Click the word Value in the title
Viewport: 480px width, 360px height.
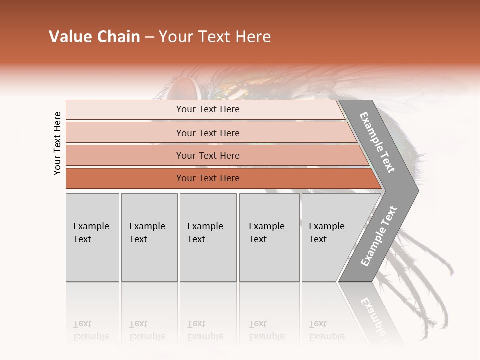(x=70, y=37)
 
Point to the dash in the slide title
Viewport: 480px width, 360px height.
(x=149, y=37)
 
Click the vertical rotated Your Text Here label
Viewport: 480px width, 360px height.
(x=57, y=143)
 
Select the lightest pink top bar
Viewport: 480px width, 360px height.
(x=205, y=109)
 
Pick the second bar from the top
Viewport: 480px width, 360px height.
(x=208, y=133)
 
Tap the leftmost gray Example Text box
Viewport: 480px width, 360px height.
(x=92, y=237)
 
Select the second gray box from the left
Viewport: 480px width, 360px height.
(x=149, y=237)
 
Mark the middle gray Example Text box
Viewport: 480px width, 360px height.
(x=208, y=237)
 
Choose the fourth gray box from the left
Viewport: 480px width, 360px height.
(x=269, y=237)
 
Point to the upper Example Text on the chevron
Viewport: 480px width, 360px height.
(x=377, y=142)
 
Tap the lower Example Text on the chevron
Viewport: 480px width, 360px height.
(x=378, y=236)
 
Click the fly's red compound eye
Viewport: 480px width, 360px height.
(x=181, y=89)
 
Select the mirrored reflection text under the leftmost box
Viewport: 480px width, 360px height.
(x=91, y=331)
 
